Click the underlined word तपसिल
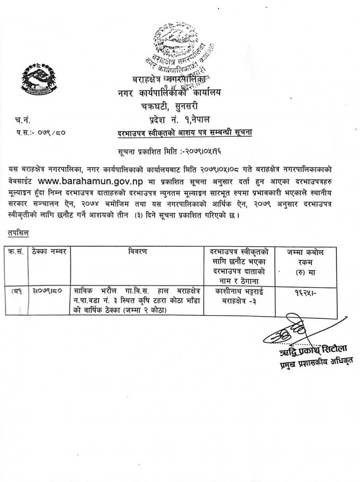coord(19,233)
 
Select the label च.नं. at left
coord(23,121)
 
